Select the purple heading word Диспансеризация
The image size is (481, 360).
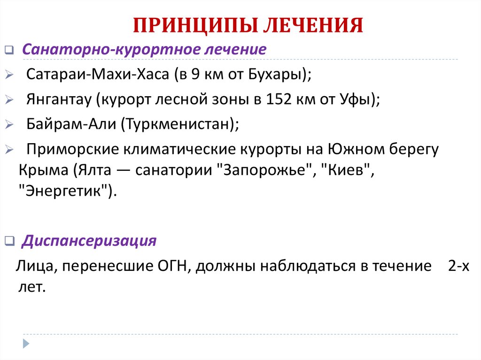(89, 241)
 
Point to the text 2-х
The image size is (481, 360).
(458, 267)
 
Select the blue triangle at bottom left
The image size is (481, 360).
(26, 343)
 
